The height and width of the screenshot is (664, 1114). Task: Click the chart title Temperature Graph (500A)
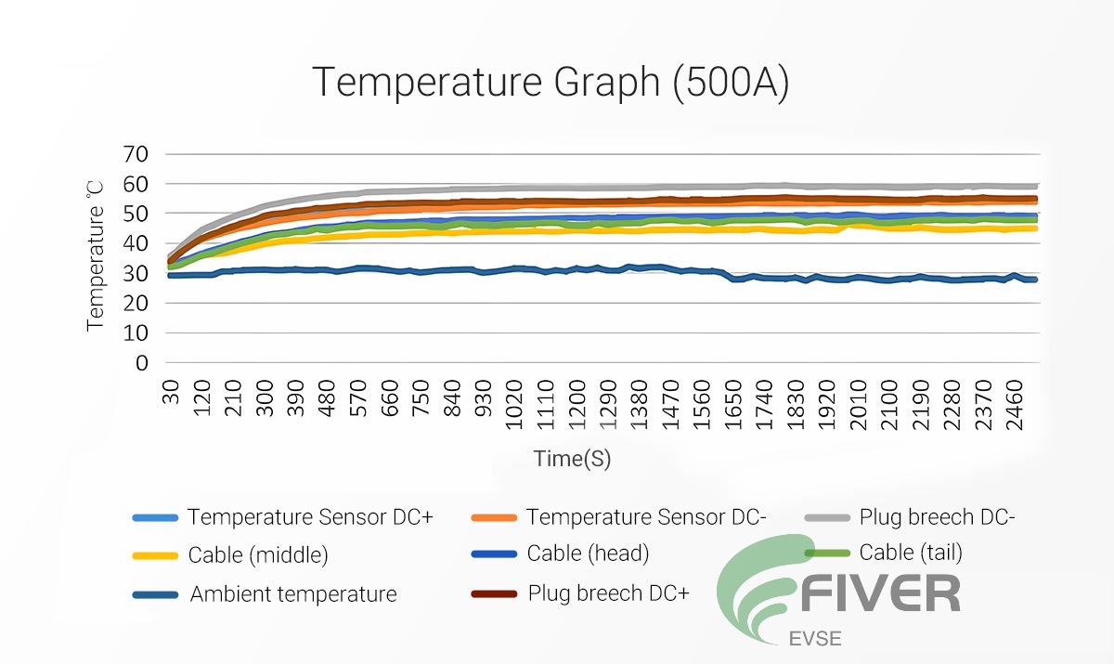(550, 82)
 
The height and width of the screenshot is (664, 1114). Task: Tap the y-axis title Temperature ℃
(96, 255)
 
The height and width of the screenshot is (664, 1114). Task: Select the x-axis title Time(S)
(572, 458)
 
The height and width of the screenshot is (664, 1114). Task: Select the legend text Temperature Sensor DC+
(310, 517)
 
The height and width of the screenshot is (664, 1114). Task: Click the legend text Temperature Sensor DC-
(646, 517)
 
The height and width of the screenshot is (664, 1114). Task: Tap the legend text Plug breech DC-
(938, 517)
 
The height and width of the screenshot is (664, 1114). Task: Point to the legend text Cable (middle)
(258, 555)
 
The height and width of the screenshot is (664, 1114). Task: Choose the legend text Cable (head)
(588, 553)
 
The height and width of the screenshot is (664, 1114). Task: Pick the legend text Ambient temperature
(293, 594)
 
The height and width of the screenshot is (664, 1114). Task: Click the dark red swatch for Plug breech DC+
(493, 593)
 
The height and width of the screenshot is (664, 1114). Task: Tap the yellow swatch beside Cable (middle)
(154, 555)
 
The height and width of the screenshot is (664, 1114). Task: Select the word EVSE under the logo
(810, 639)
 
